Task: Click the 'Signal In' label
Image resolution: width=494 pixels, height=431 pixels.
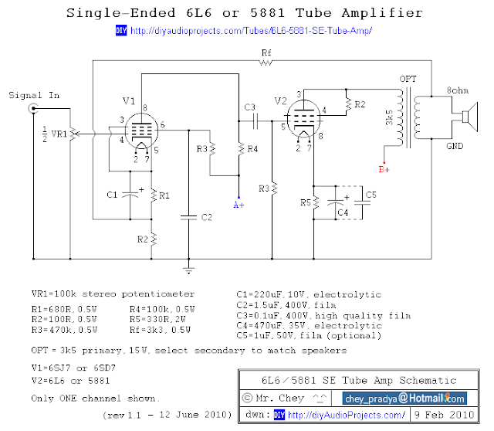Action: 33,96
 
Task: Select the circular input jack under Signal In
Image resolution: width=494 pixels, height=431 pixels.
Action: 33,110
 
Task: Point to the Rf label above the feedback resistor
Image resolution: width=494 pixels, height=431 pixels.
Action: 266,52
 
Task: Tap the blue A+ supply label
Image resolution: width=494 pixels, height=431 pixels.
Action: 239,204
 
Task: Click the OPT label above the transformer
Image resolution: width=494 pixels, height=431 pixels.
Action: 408,80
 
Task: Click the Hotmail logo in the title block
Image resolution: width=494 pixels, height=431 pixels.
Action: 437,399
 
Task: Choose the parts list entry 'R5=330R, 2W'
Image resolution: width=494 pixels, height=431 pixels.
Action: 162,319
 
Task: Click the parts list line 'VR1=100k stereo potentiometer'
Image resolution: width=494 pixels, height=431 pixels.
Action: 113,294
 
